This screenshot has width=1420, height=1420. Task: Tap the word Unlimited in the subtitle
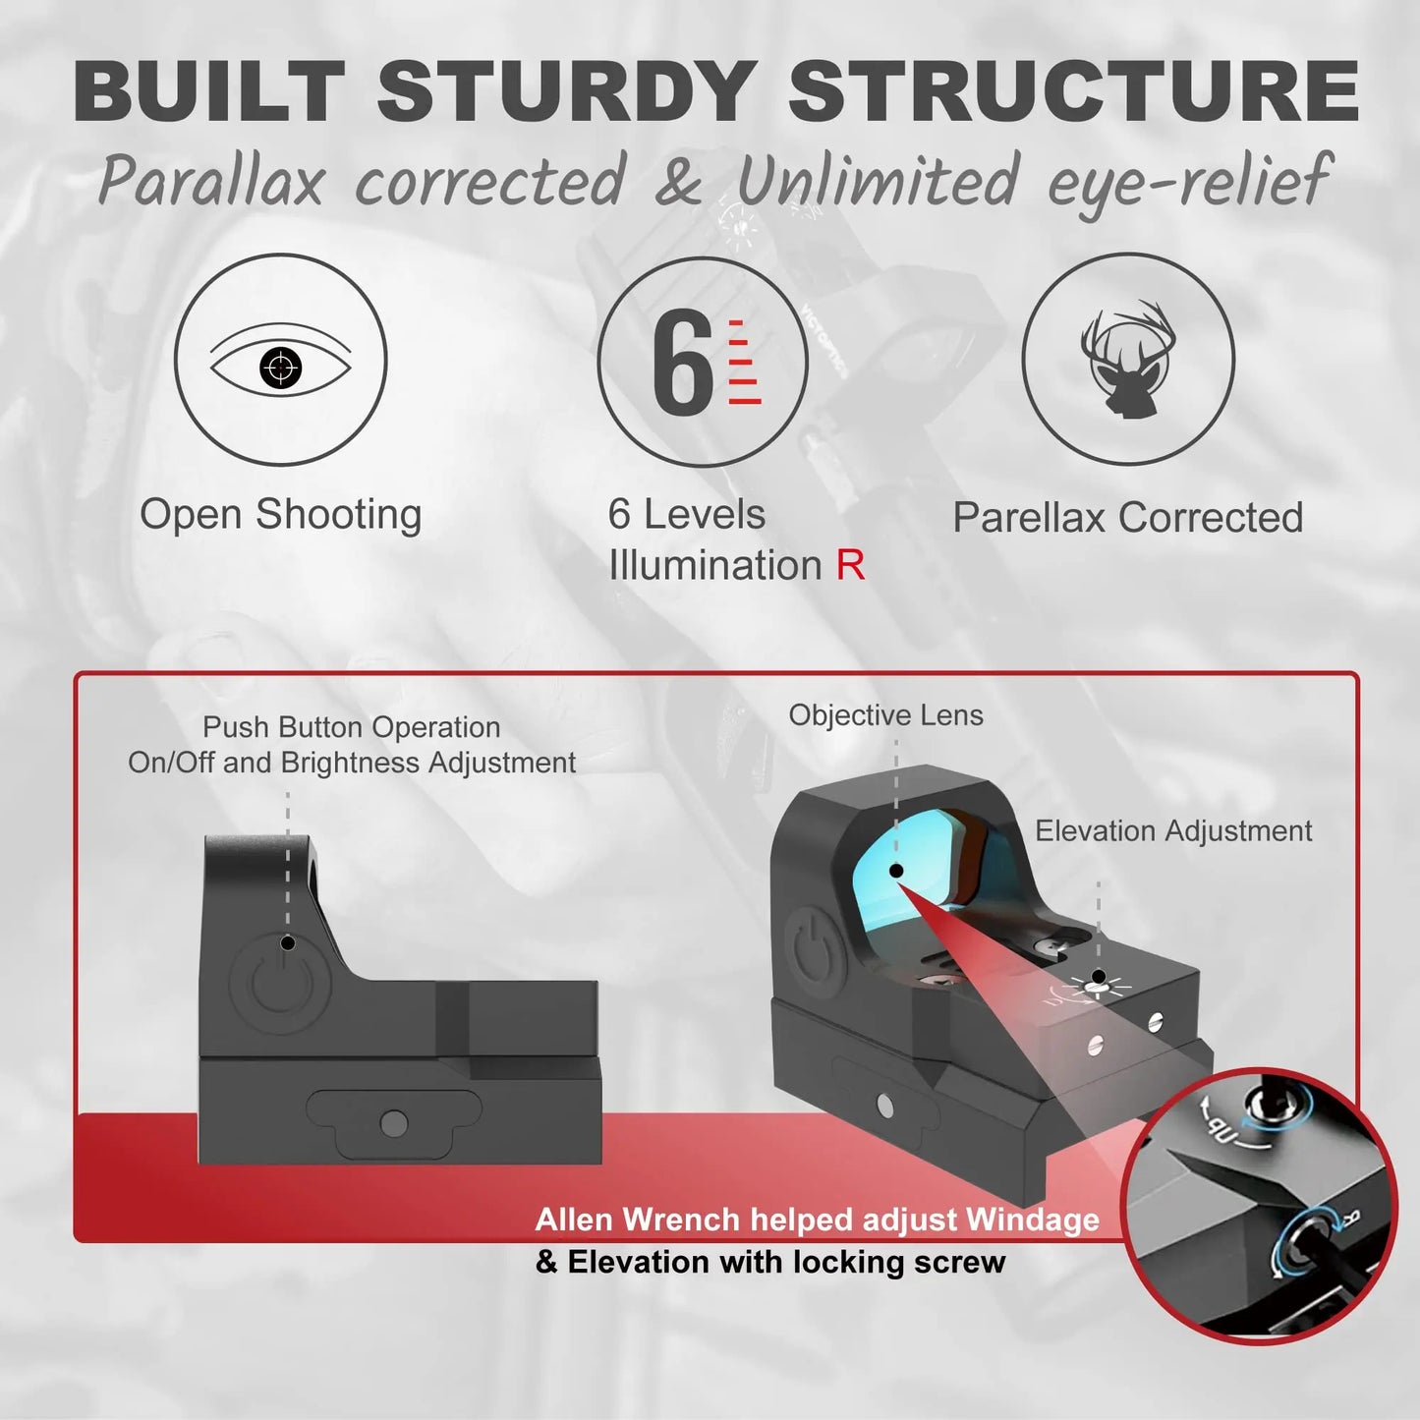(878, 183)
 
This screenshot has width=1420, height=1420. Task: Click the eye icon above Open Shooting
(281, 361)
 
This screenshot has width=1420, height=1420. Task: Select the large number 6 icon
(681, 362)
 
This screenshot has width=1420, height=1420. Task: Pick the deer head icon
(1128, 360)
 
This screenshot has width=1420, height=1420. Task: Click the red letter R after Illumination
(850, 566)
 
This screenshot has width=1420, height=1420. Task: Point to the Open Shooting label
(281, 515)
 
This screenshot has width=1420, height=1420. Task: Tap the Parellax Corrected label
(1127, 518)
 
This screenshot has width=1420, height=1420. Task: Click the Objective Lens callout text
(885, 715)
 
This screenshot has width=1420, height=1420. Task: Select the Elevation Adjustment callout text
(1173, 831)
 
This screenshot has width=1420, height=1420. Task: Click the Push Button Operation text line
(351, 727)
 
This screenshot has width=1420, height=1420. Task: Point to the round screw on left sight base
(394, 1122)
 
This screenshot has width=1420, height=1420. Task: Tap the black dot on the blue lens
(896, 871)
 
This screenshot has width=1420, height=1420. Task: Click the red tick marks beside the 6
(743, 362)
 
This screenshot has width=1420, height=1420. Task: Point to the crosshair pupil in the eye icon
(281, 369)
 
